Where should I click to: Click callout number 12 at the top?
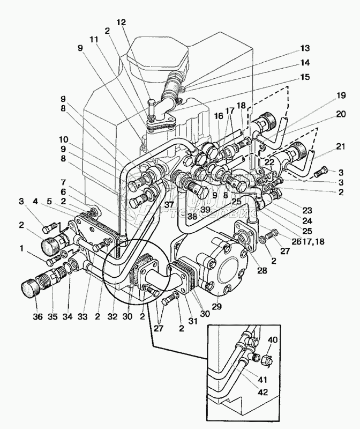121,23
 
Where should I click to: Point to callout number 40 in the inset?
273,341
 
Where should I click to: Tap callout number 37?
170,205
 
